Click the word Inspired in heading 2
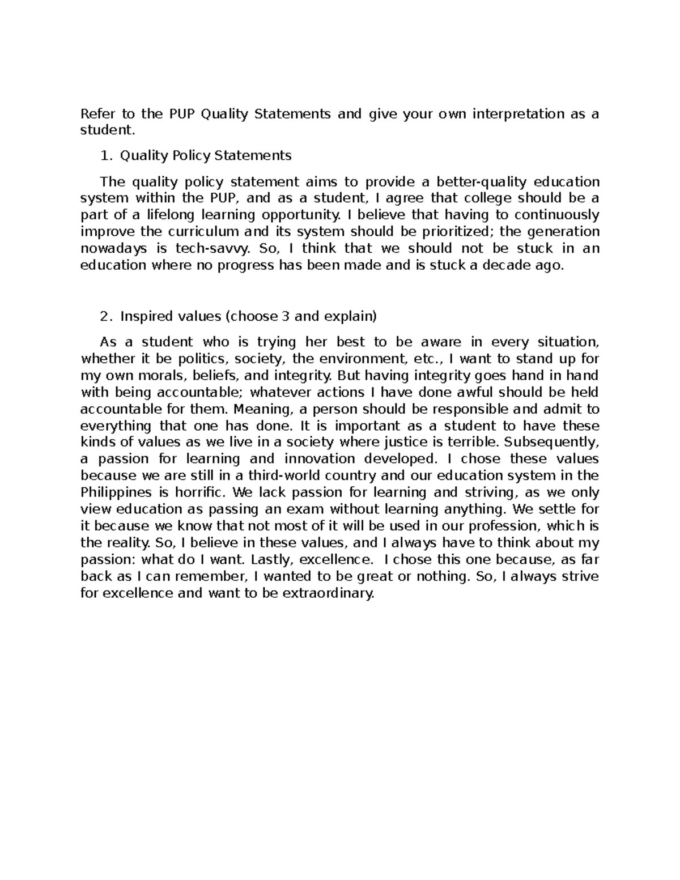point(143,316)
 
